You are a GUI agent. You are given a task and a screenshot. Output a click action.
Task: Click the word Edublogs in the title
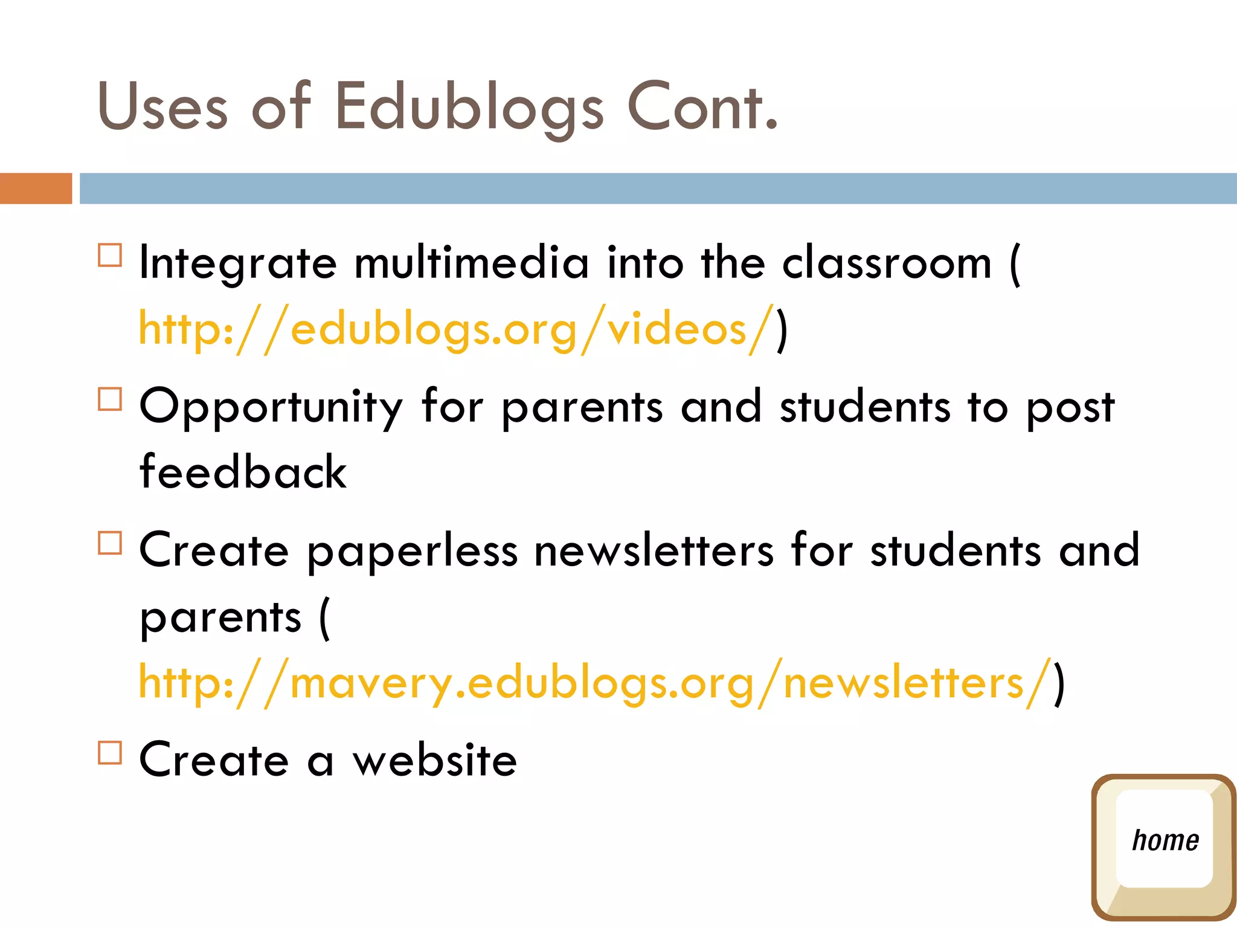[469, 108]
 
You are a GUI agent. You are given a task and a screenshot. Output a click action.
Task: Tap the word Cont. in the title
[703, 108]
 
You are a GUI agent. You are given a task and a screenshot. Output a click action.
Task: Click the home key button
[1163, 846]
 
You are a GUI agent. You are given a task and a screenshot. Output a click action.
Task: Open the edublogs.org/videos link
[456, 329]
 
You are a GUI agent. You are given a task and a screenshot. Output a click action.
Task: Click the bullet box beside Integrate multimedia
[110, 255]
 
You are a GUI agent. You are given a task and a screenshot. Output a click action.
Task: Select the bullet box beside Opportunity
[110, 399]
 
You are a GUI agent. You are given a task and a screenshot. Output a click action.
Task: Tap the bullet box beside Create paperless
[110, 543]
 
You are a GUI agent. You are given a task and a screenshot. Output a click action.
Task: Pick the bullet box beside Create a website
[110, 753]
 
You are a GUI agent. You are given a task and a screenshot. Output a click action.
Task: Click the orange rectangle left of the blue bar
[36, 188]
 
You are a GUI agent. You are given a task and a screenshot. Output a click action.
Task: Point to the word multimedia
[471, 263]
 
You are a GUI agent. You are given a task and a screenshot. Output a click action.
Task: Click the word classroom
[887, 263]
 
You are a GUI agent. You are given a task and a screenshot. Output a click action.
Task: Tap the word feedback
[243, 472]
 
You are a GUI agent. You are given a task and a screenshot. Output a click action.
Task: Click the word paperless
[413, 552]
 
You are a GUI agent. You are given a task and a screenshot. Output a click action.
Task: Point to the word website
[435, 760]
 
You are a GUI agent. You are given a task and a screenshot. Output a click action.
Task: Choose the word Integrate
[237, 265]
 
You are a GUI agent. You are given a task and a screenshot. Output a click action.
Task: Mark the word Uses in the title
[162, 108]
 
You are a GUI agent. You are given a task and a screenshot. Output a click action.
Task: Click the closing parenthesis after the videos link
[782, 330]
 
